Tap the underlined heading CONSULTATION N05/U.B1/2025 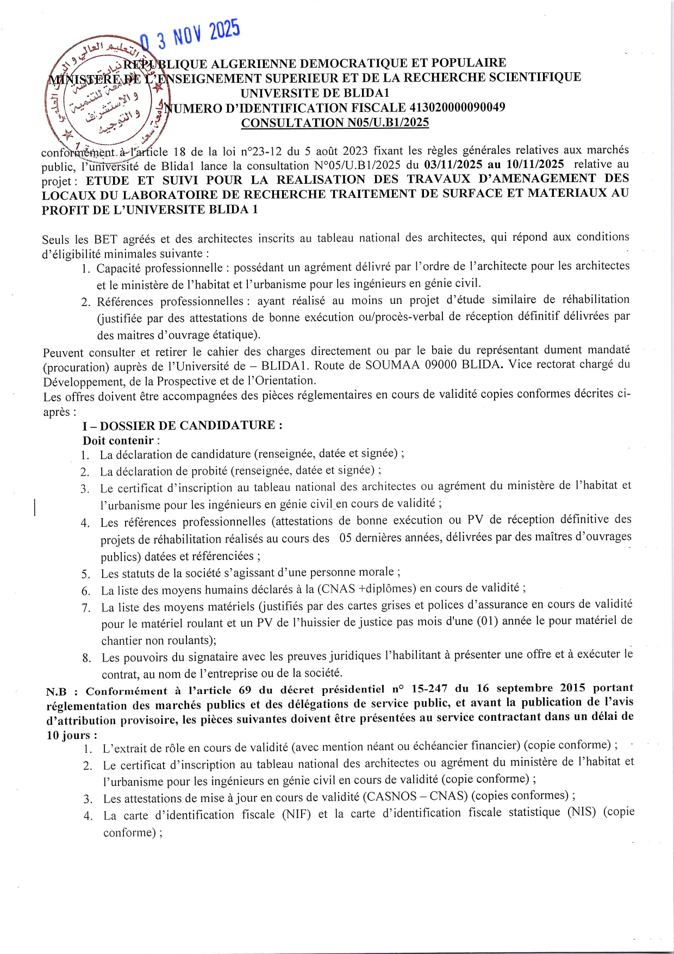[335, 123]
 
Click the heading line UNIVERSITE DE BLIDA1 [315, 93]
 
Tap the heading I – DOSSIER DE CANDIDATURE [182, 426]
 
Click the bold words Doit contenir [118, 441]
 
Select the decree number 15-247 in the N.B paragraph [429, 689]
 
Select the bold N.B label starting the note [56, 692]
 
